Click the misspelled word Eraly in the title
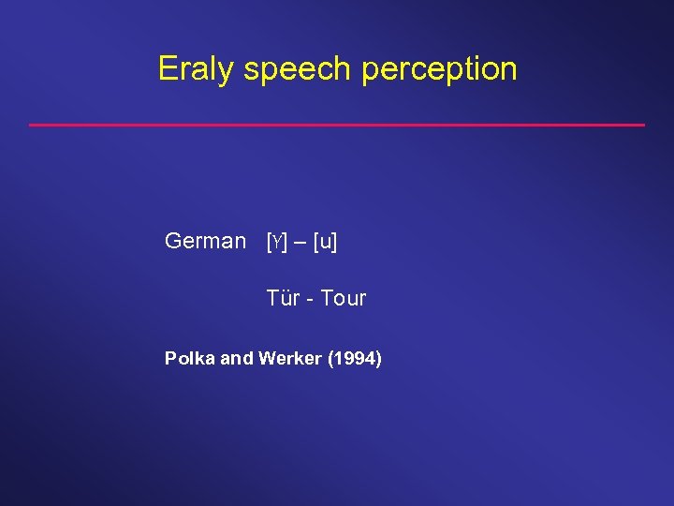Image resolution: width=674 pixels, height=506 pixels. (x=196, y=69)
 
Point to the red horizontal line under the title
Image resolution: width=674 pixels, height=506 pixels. (x=337, y=125)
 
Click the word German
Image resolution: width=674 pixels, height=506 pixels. (x=205, y=241)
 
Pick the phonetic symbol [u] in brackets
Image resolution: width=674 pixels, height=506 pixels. (x=326, y=242)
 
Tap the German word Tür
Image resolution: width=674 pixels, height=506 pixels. (x=282, y=299)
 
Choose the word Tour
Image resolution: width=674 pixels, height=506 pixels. (x=344, y=299)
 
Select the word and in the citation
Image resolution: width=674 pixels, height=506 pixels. (x=236, y=358)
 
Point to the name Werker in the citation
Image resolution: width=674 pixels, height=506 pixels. (x=290, y=358)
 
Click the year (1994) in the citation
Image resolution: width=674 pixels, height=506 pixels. (x=355, y=358)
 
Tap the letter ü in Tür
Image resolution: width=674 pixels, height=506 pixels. (x=285, y=299)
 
